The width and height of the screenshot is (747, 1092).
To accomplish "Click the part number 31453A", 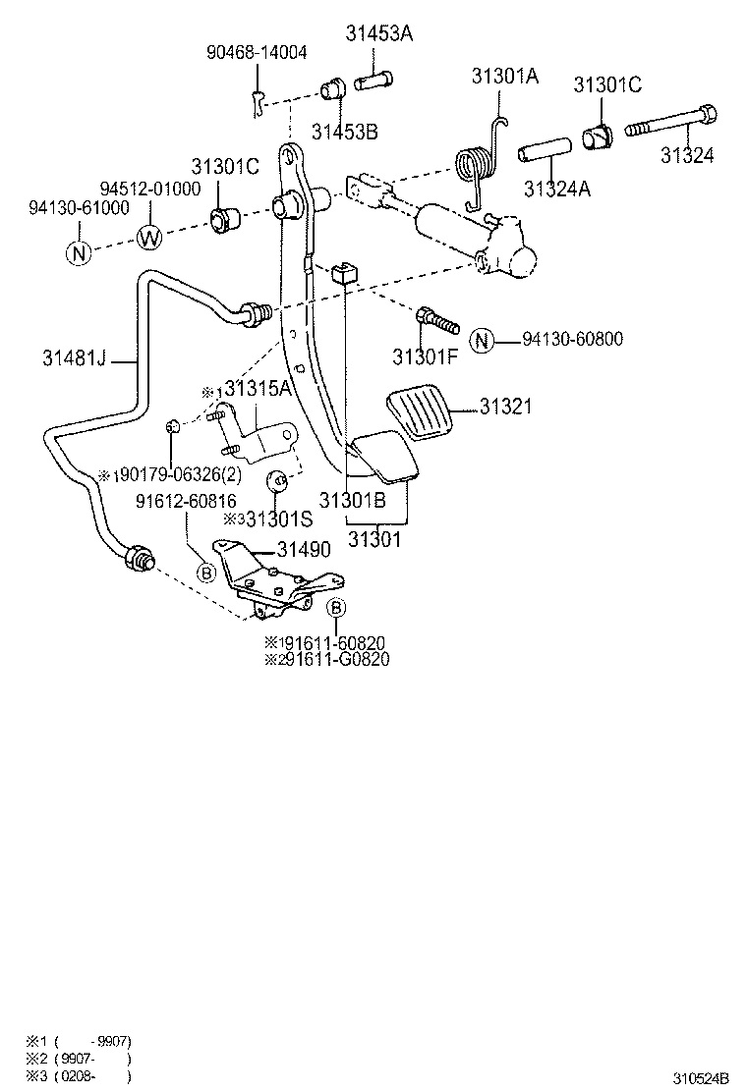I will (378, 33).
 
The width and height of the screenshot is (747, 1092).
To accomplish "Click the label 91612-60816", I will (186, 502).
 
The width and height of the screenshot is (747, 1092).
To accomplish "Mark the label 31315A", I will (259, 390).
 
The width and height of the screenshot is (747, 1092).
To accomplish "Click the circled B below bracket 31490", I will (335, 608).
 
